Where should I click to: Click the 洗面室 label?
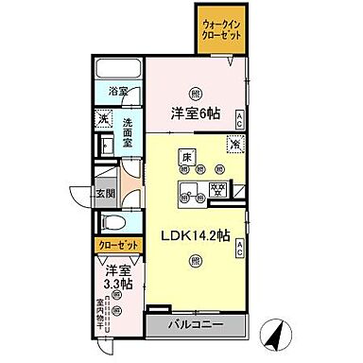[x=130, y=128]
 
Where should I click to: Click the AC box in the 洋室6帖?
[x=240, y=119]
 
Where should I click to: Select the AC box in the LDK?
[x=240, y=249]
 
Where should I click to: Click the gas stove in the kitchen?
[x=219, y=188]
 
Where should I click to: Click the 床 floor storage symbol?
[x=188, y=158]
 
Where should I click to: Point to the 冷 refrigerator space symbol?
[x=234, y=145]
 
